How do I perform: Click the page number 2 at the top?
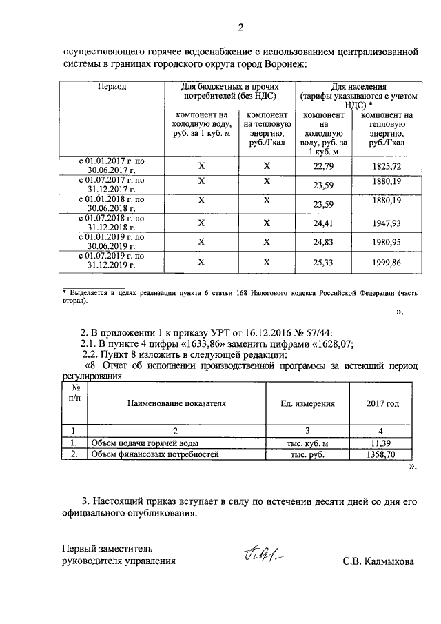pyautogui.click(x=240, y=28)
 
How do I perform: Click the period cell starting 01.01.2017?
pyautogui.click(x=111, y=166)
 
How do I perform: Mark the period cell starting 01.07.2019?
pyautogui.click(x=111, y=261)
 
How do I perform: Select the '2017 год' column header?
pyautogui.click(x=382, y=403)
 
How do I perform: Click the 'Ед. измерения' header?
pyautogui.click(x=308, y=403)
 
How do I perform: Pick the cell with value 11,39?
pyautogui.click(x=382, y=443)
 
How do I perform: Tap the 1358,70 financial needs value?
pyautogui.click(x=382, y=455)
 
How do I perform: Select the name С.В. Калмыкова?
pyautogui.click(x=378, y=561)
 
